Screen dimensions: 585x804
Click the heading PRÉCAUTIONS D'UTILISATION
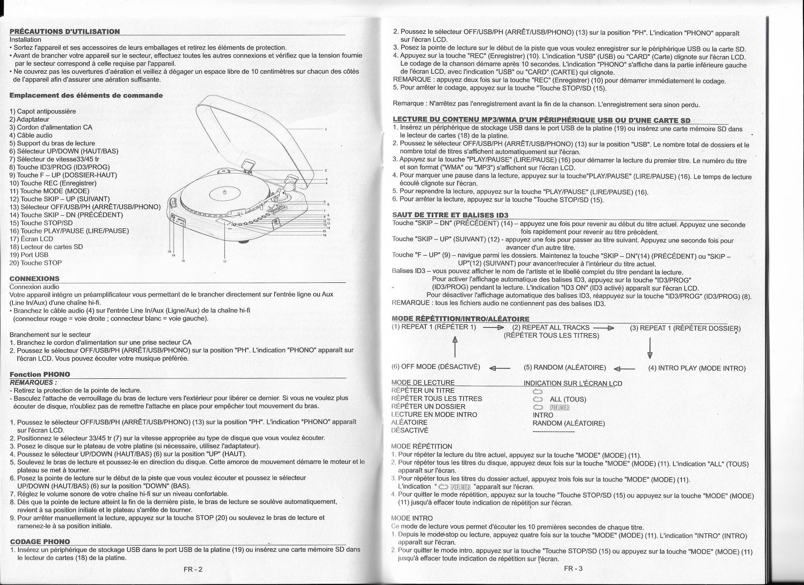coord(64,31)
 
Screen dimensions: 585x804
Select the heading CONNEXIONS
coord(34,278)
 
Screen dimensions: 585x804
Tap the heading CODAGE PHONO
coord(39,542)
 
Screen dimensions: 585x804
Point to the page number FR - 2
coord(193,569)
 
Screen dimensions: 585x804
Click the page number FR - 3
coord(573,569)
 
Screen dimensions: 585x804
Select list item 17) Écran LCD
coord(31,239)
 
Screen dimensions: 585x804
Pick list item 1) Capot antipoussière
coord(42,111)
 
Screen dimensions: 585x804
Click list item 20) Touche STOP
coord(35,263)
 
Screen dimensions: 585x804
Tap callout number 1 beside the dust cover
coord(326,129)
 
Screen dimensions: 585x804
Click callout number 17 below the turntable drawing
coord(224,262)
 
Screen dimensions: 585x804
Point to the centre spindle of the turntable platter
coord(225,192)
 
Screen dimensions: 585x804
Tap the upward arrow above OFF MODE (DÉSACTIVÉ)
coord(455,346)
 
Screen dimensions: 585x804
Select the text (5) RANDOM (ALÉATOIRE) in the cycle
coord(565,368)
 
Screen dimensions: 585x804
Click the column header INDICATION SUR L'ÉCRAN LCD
coord(573,383)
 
